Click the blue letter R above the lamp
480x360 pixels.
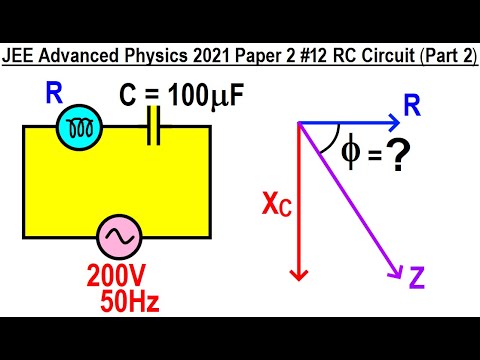[x=55, y=95]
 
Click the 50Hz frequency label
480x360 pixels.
[x=130, y=300]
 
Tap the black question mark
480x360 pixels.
[x=403, y=158]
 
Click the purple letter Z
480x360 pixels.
[x=417, y=276]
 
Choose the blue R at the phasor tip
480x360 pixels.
[x=411, y=104]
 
